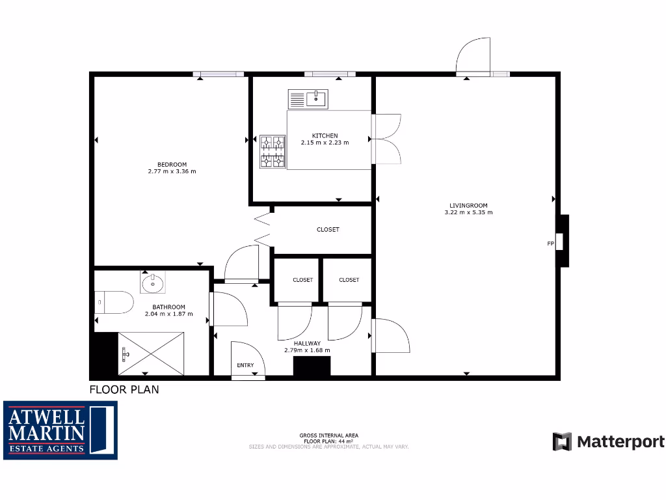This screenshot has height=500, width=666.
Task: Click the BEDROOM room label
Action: (172, 164)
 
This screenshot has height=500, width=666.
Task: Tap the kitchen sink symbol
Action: (308, 99)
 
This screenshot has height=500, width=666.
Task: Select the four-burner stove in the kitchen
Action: (273, 151)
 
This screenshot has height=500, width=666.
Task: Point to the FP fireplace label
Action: (550, 243)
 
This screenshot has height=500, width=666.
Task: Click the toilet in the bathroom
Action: (114, 302)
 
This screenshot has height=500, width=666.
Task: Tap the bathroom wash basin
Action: (153, 283)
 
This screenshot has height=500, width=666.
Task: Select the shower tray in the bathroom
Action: (151, 353)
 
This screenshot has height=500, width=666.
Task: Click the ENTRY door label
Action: (245, 365)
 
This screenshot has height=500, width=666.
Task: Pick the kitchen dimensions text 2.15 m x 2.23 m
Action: (325, 143)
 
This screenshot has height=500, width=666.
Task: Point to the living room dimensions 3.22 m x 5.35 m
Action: (468, 212)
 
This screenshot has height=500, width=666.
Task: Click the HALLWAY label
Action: (307, 343)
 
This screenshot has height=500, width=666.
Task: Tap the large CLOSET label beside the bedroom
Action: (328, 229)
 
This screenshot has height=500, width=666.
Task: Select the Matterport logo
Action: (609, 442)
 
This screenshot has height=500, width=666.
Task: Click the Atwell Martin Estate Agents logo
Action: (60, 430)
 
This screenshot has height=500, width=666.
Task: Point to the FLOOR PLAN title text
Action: (124, 390)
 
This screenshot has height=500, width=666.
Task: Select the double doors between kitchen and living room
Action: (386, 139)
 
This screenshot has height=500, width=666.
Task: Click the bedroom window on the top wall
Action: (219, 74)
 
